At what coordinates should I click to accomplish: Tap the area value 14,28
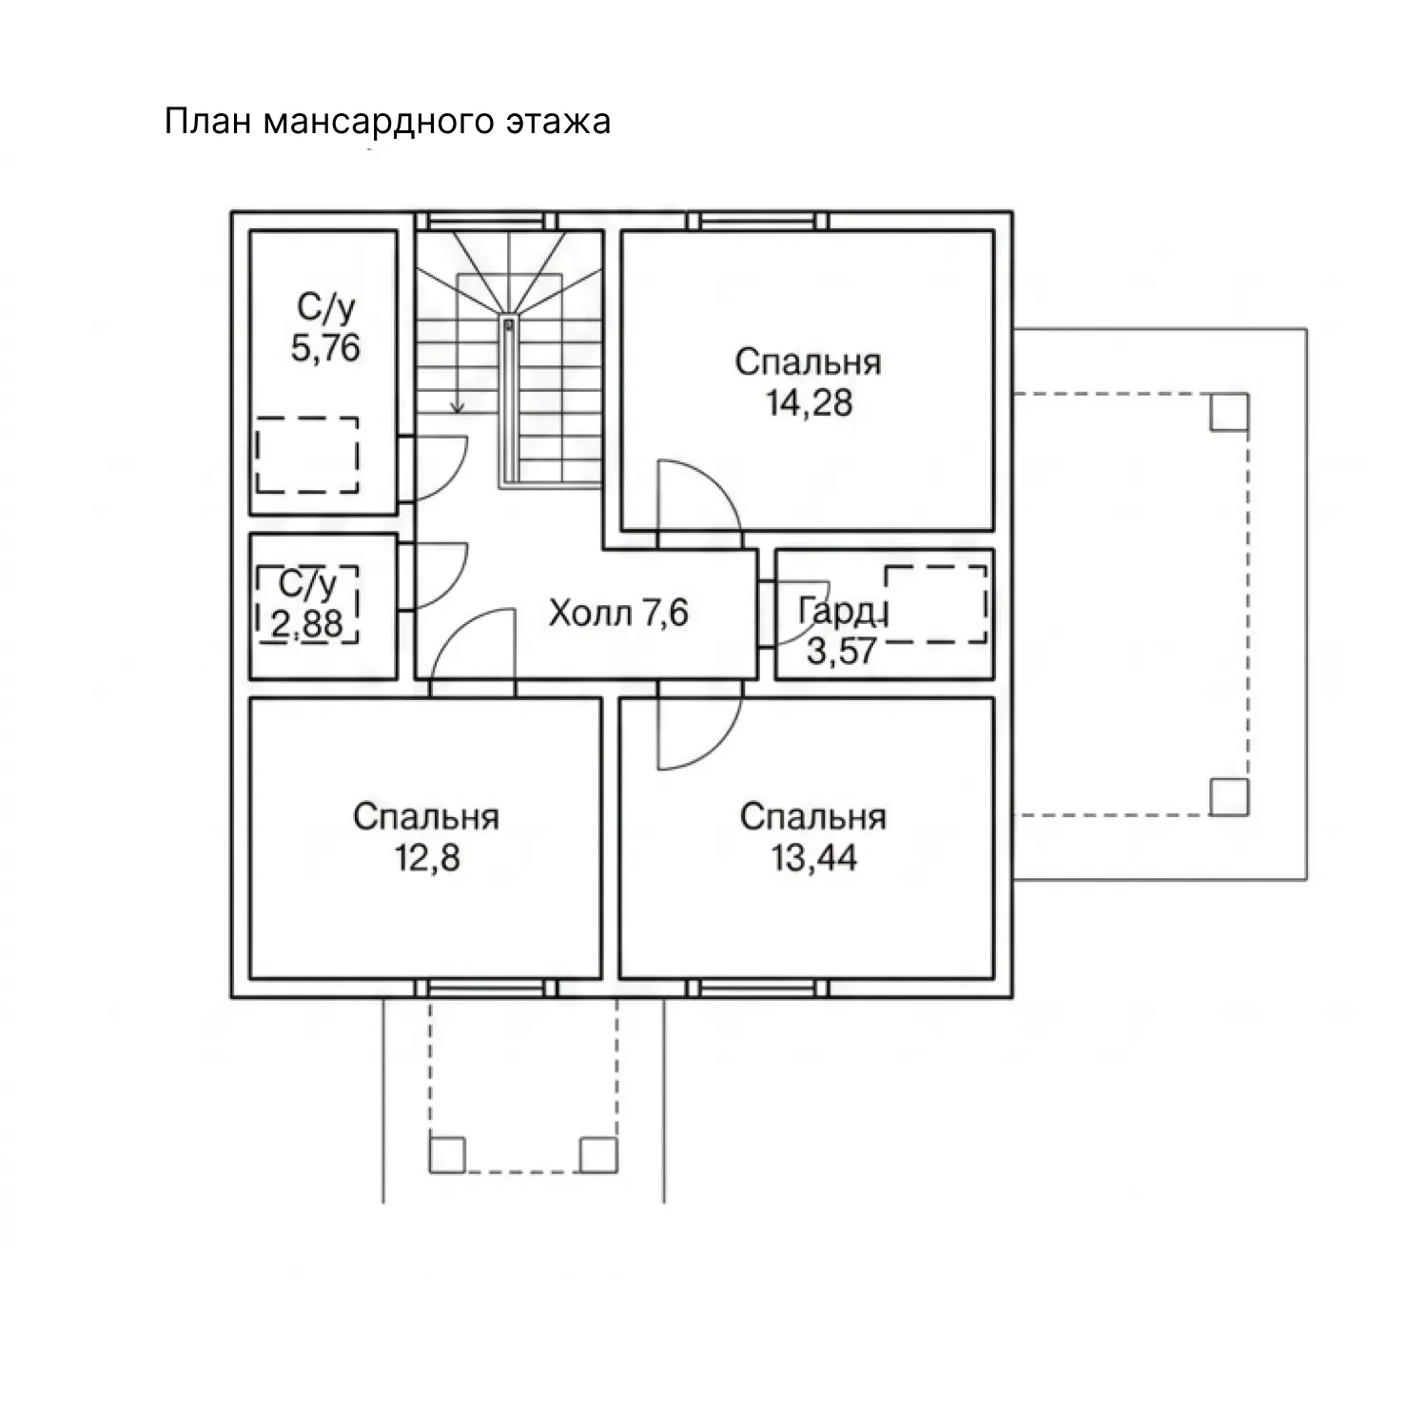pos(809,403)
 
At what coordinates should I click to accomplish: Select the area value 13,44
pos(813,858)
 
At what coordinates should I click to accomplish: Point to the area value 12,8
pos(427,858)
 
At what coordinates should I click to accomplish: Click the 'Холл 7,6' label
pos(618,614)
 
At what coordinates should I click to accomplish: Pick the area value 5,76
pos(325,348)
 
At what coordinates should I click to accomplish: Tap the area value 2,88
pos(307,625)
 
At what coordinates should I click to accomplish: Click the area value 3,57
pos(841,651)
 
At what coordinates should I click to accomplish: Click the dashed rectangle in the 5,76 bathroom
pos(307,454)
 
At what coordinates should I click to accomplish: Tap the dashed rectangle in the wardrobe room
pos(936,604)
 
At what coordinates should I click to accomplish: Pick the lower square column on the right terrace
pos(1229,797)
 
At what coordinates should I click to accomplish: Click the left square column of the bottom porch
pos(447,1154)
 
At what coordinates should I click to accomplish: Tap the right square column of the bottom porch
pos(598,1154)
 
